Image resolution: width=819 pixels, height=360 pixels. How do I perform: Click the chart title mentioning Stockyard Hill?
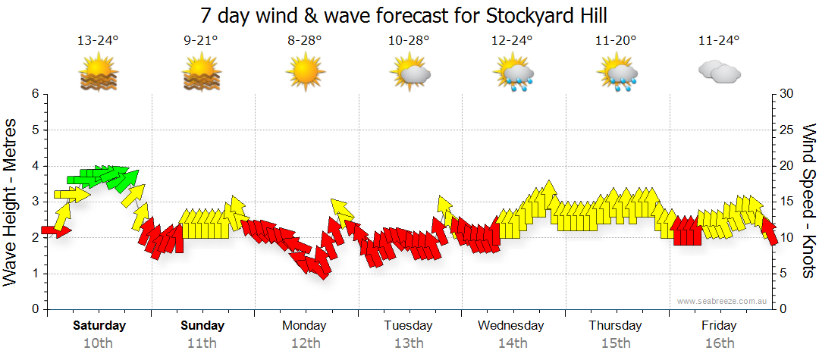[x=405, y=15]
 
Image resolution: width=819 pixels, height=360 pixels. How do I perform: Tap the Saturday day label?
[x=99, y=326]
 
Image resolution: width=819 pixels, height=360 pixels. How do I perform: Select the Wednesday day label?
[x=510, y=326]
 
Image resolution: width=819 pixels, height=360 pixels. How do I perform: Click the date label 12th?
[x=305, y=343]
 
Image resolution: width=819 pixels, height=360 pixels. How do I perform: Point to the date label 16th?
[x=719, y=343]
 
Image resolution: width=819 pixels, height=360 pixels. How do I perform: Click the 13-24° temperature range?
[x=98, y=41]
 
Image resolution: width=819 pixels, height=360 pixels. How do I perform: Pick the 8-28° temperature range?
[x=305, y=41]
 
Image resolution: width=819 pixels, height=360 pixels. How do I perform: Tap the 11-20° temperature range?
[x=615, y=41]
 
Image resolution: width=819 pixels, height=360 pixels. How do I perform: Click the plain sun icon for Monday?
[x=305, y=73]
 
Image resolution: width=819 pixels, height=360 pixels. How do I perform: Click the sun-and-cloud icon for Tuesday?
[x=409, y=73]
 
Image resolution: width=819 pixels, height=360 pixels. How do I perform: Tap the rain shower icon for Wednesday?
[x=513, y=74]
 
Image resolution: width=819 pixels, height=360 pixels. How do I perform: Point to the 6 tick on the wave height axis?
[x=34, y=94]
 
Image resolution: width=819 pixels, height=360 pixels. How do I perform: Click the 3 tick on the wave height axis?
[x=34, y=202]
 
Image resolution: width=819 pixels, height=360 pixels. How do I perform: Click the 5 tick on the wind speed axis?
[x=781, y=274]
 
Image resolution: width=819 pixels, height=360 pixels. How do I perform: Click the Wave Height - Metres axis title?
[x=11, y=202]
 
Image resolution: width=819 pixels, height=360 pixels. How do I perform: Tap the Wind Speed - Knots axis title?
[x=808, y=202]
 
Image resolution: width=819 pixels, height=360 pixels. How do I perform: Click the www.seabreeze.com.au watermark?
[x=723, y=301]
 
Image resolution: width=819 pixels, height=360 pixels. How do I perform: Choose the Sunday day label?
[x=202, y=326]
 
